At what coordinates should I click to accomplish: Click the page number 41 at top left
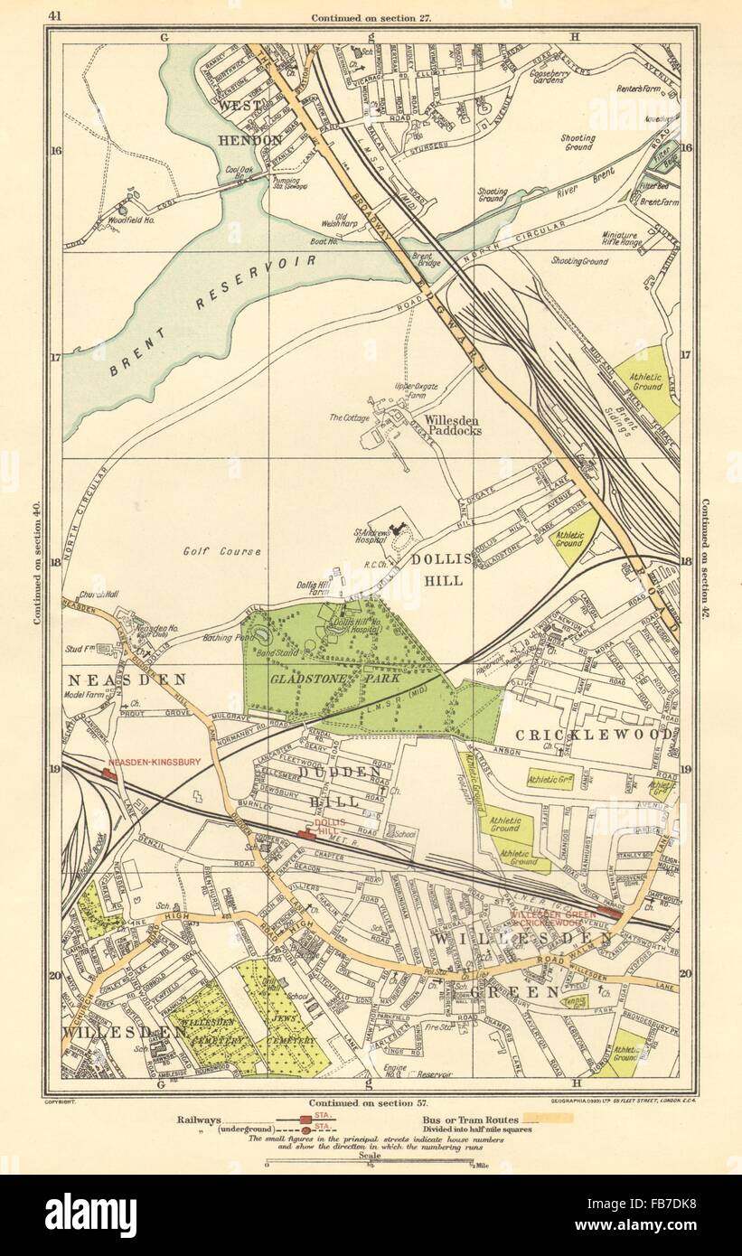(x=56, y=14)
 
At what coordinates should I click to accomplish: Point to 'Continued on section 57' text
(x=367, y=1103)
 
